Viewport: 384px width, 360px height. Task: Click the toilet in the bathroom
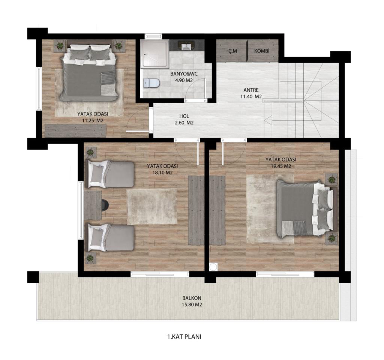tap(151, 83)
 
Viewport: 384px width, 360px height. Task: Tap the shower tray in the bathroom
tap(155, 53)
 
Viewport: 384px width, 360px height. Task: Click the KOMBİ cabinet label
tap(261, 51)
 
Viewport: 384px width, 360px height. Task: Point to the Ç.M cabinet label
tap(232, 51)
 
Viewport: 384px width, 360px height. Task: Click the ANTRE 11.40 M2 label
tap(251, 93)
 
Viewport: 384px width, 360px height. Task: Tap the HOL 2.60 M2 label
tap(184, 120)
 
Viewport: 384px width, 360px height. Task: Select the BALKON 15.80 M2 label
tap(192, 301)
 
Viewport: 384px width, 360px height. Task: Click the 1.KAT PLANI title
tap(184, 337)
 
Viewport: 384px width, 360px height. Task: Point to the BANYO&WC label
tap(184, 74)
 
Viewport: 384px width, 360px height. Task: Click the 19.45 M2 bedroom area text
tap(281, 166)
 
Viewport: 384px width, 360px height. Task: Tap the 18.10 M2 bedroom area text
tap(163, 172)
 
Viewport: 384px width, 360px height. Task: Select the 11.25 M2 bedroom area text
tap(93, 120)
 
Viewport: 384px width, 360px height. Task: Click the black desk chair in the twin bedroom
tap(105, 205)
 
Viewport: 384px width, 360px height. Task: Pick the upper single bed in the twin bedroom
tap(111, 174)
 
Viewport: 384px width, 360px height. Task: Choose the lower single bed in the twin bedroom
tap(111, 238)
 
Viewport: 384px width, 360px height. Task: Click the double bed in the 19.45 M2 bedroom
tap(304, 208)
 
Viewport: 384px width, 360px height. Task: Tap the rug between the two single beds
tap(151, 207)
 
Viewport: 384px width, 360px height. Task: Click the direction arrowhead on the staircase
tap(267, 120)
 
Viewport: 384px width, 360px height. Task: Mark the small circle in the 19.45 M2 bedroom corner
tap(213, 267)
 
